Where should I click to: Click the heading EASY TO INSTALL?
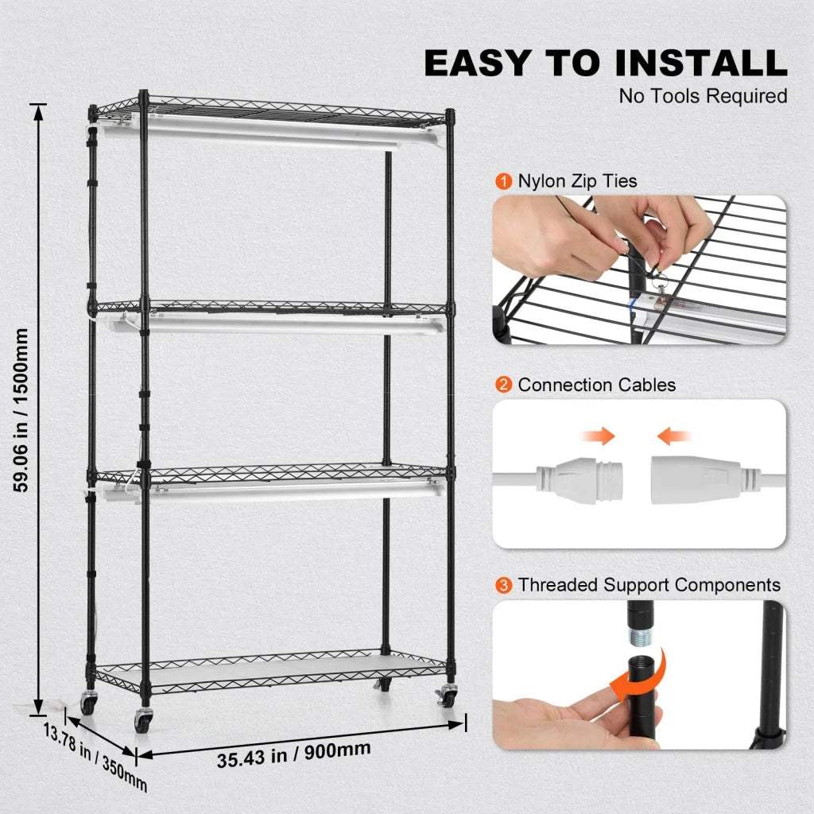coord(605,64)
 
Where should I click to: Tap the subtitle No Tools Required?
coord(703,96)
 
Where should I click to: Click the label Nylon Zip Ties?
coord(577,181)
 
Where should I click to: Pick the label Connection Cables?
coord(596,386)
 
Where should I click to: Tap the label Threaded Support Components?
coord(649,586)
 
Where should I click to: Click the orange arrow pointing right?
coord(598,436)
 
